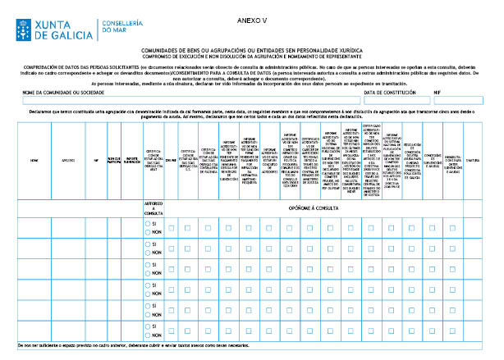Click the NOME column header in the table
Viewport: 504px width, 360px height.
[x=34, y=161]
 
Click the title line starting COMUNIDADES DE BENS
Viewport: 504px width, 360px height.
[x=251, y=50]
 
